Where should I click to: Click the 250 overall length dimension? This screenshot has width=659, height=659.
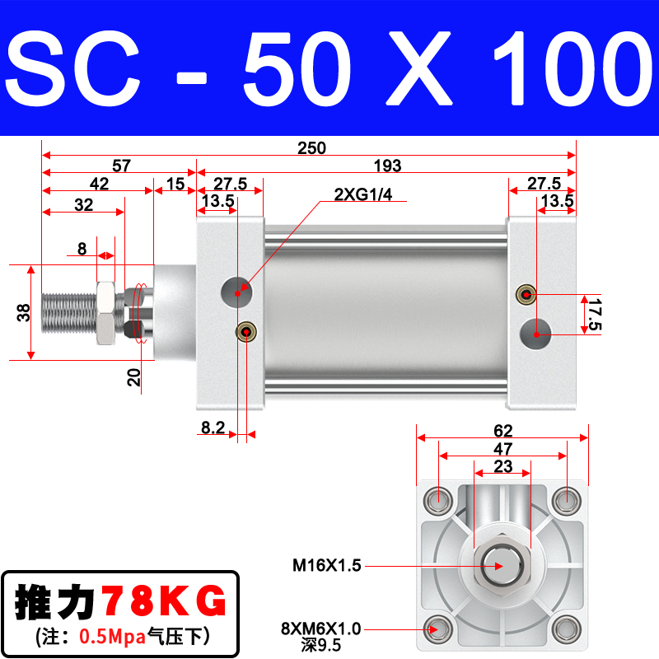(312, 148)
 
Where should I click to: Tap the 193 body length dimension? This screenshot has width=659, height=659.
(386, 166)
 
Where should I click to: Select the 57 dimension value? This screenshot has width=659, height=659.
(121, 166)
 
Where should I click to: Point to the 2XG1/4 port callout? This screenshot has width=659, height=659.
(362, 195)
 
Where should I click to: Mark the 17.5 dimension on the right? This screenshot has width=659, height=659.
(593, 315)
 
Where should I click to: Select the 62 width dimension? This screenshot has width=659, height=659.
(503, 430)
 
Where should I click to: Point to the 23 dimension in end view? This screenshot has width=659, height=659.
(502, 466)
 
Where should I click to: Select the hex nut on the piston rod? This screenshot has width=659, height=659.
(105, 312)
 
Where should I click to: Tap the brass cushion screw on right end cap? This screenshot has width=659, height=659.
(524, 294)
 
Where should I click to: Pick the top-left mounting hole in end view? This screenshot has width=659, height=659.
(437, 499)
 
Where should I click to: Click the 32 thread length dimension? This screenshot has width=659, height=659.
(84, 206)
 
